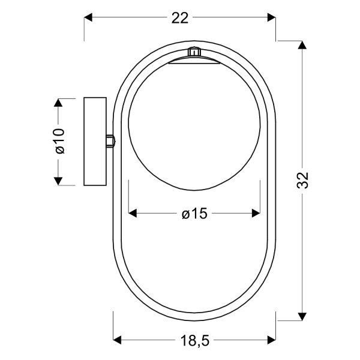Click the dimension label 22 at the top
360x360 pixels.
click(180, 18)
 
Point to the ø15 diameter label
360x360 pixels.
click(194, 214)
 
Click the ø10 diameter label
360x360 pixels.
click(59, 142)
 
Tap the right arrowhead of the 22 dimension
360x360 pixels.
click(271, 18)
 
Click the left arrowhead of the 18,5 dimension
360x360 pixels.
click(118, 341)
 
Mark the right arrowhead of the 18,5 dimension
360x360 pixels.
click(271, 341)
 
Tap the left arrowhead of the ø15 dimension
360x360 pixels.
click(133, 213)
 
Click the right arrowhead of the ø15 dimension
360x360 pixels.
click(255, 213)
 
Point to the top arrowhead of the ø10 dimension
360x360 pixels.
click(58, 103)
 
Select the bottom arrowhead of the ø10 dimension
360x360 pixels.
click(58, 179)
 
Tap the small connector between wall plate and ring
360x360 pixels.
click(110, 141)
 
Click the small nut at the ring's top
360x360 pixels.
click(193, 52)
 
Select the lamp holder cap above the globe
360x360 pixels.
click(193, 61)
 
